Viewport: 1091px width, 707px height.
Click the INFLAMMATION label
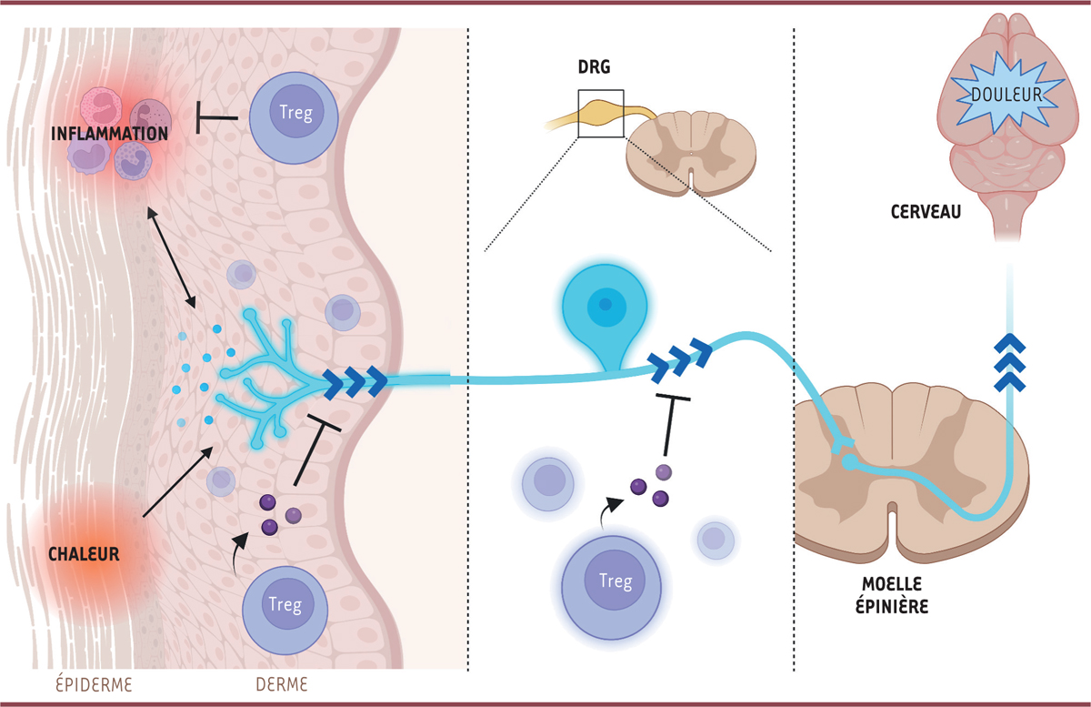(109, 134)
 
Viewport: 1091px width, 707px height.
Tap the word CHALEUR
(84, 552)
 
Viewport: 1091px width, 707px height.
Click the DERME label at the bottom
(283, 682)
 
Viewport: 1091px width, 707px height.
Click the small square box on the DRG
(600, 113)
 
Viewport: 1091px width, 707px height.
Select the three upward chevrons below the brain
(1009, 361)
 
